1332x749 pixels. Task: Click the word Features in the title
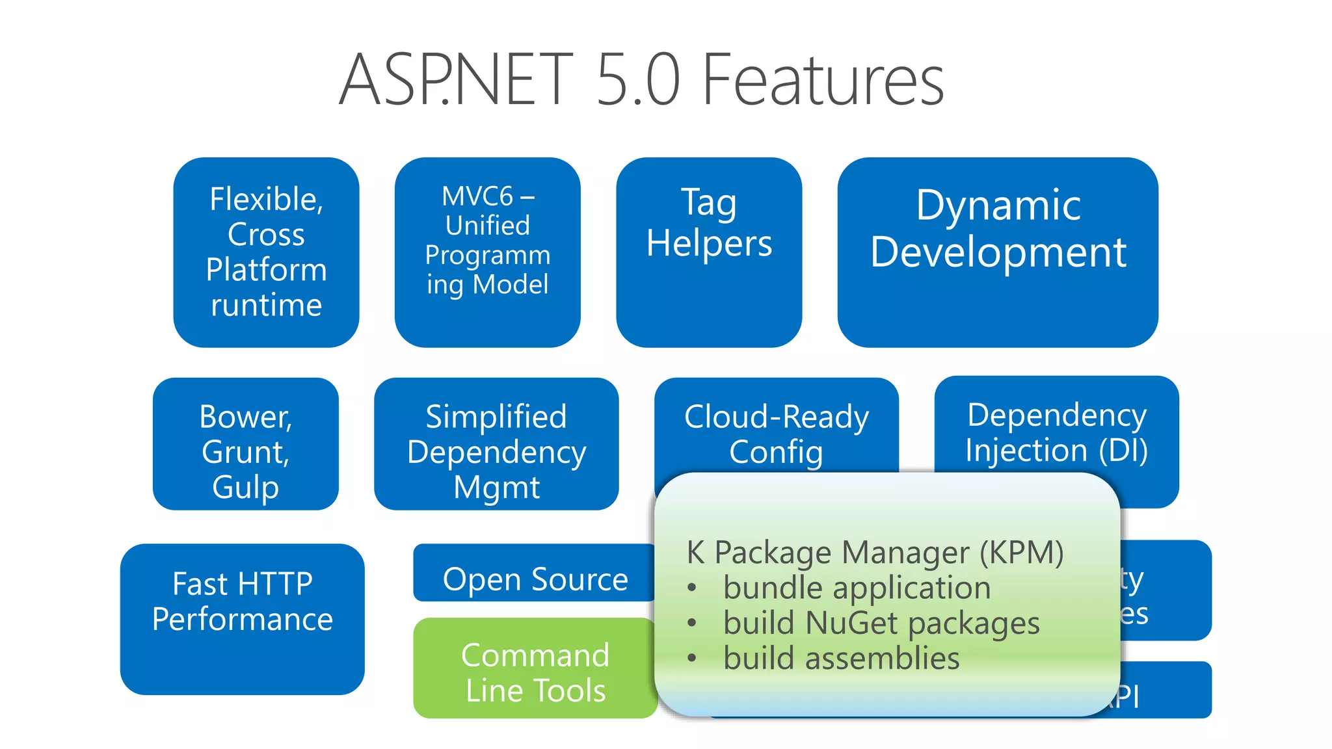point(823,80)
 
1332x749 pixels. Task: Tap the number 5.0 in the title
point(637,80)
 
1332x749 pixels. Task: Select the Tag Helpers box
point(709,252)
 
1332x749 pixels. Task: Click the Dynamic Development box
point(998,252)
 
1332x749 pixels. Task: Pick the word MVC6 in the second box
point(477,196)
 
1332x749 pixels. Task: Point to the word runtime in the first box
point(266,305)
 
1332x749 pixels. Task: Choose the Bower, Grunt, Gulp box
point(245,443)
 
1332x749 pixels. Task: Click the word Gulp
point(245,487)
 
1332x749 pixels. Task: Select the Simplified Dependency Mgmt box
point(496,443)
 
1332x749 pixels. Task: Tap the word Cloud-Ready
point(776,417)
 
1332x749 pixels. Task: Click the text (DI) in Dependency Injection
point(1123,451)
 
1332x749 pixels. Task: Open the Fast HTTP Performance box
point(242,619)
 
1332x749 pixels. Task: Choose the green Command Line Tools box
point(535,668)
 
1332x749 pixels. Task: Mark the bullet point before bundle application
point(692,588)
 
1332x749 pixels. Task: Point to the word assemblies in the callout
point(882,658)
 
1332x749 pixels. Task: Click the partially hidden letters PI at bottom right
point(1128,698)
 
